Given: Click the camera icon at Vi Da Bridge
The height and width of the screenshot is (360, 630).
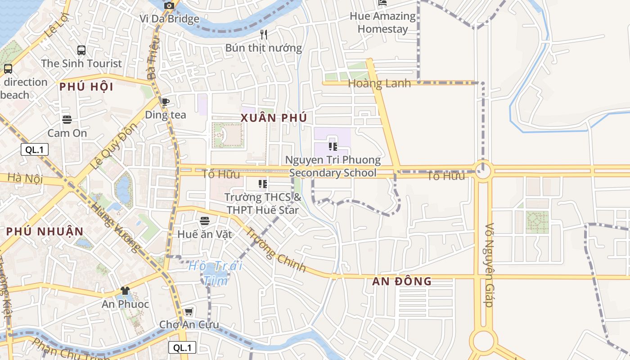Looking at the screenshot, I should coord(169,6).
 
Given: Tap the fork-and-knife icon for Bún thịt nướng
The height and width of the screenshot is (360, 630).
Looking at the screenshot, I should coord(264,34).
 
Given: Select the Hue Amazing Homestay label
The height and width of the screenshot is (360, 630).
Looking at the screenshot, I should coord(382,22).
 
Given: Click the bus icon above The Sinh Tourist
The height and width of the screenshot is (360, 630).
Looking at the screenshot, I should coord(81,50).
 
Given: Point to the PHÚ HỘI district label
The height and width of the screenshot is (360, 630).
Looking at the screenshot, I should coord(86,87).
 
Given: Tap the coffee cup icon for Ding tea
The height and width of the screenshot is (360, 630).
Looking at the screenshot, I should coord(165,102).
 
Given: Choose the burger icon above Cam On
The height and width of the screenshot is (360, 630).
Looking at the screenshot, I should coord(67,120).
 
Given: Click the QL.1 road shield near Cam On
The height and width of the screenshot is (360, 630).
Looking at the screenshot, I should coord(35,150).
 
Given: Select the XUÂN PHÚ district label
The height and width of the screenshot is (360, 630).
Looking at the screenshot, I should coord(274,118).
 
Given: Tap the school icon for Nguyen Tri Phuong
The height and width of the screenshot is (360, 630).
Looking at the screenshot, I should coord(333,147).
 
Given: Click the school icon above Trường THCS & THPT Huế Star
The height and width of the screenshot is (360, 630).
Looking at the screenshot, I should coord(263,184).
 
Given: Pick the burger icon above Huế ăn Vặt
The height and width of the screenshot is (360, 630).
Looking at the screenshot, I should coord(205,221).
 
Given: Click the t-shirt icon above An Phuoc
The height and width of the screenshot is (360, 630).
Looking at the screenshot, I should coord(125,291).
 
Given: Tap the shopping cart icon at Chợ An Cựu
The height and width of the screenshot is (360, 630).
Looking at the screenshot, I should coord(189,311).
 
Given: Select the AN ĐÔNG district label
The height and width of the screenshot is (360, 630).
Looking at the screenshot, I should coord(402,282).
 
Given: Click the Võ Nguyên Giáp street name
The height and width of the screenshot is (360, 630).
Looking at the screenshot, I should coord(490,265).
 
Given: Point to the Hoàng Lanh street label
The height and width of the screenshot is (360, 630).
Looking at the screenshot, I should coord(379,83).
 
